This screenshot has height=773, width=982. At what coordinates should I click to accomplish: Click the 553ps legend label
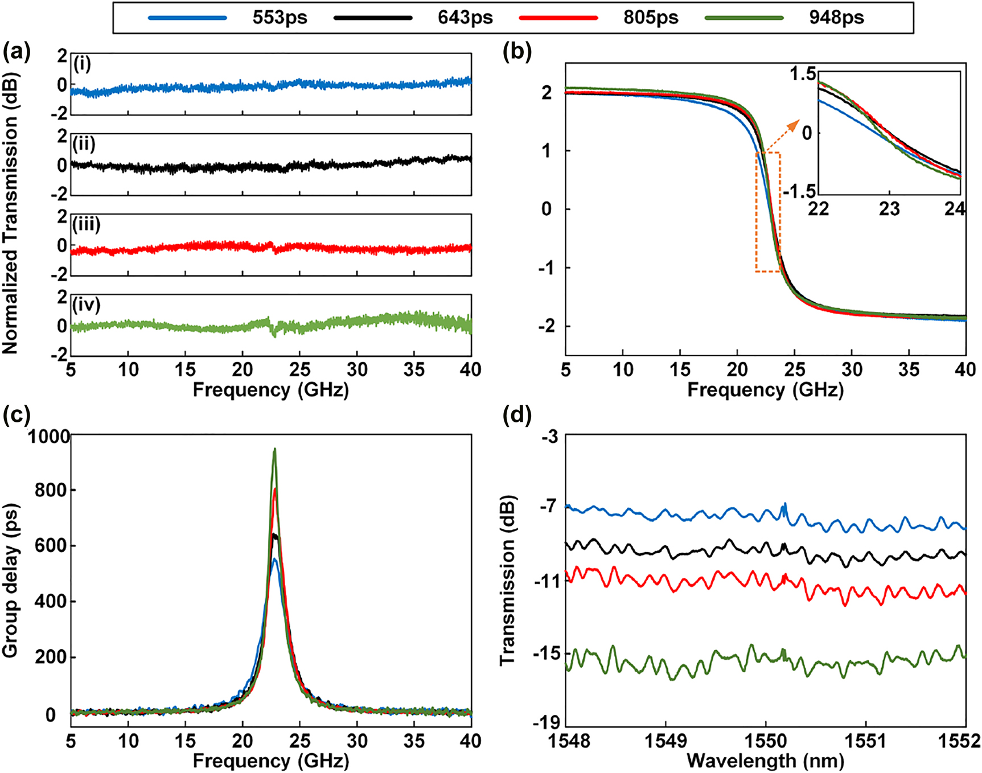pos(280,18)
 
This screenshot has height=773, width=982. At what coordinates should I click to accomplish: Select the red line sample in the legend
pos(558,18)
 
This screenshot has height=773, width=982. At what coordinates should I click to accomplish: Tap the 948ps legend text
pos(836,18)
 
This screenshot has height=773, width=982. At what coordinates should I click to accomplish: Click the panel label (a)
pos(17,52)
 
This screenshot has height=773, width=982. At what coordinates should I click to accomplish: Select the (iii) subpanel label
pos(87,225)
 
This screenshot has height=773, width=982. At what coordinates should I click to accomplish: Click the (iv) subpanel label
pos(87,305)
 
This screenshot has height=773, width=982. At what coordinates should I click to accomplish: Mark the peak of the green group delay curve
pos(274,449)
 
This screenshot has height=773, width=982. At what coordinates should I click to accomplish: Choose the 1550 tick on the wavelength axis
pos(766,741)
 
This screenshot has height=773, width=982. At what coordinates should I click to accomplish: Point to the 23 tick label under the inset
pos(889,209)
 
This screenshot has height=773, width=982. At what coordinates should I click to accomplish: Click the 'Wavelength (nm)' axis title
pos(765,760)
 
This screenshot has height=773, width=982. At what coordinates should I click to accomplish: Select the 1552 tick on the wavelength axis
pos(965,741)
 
